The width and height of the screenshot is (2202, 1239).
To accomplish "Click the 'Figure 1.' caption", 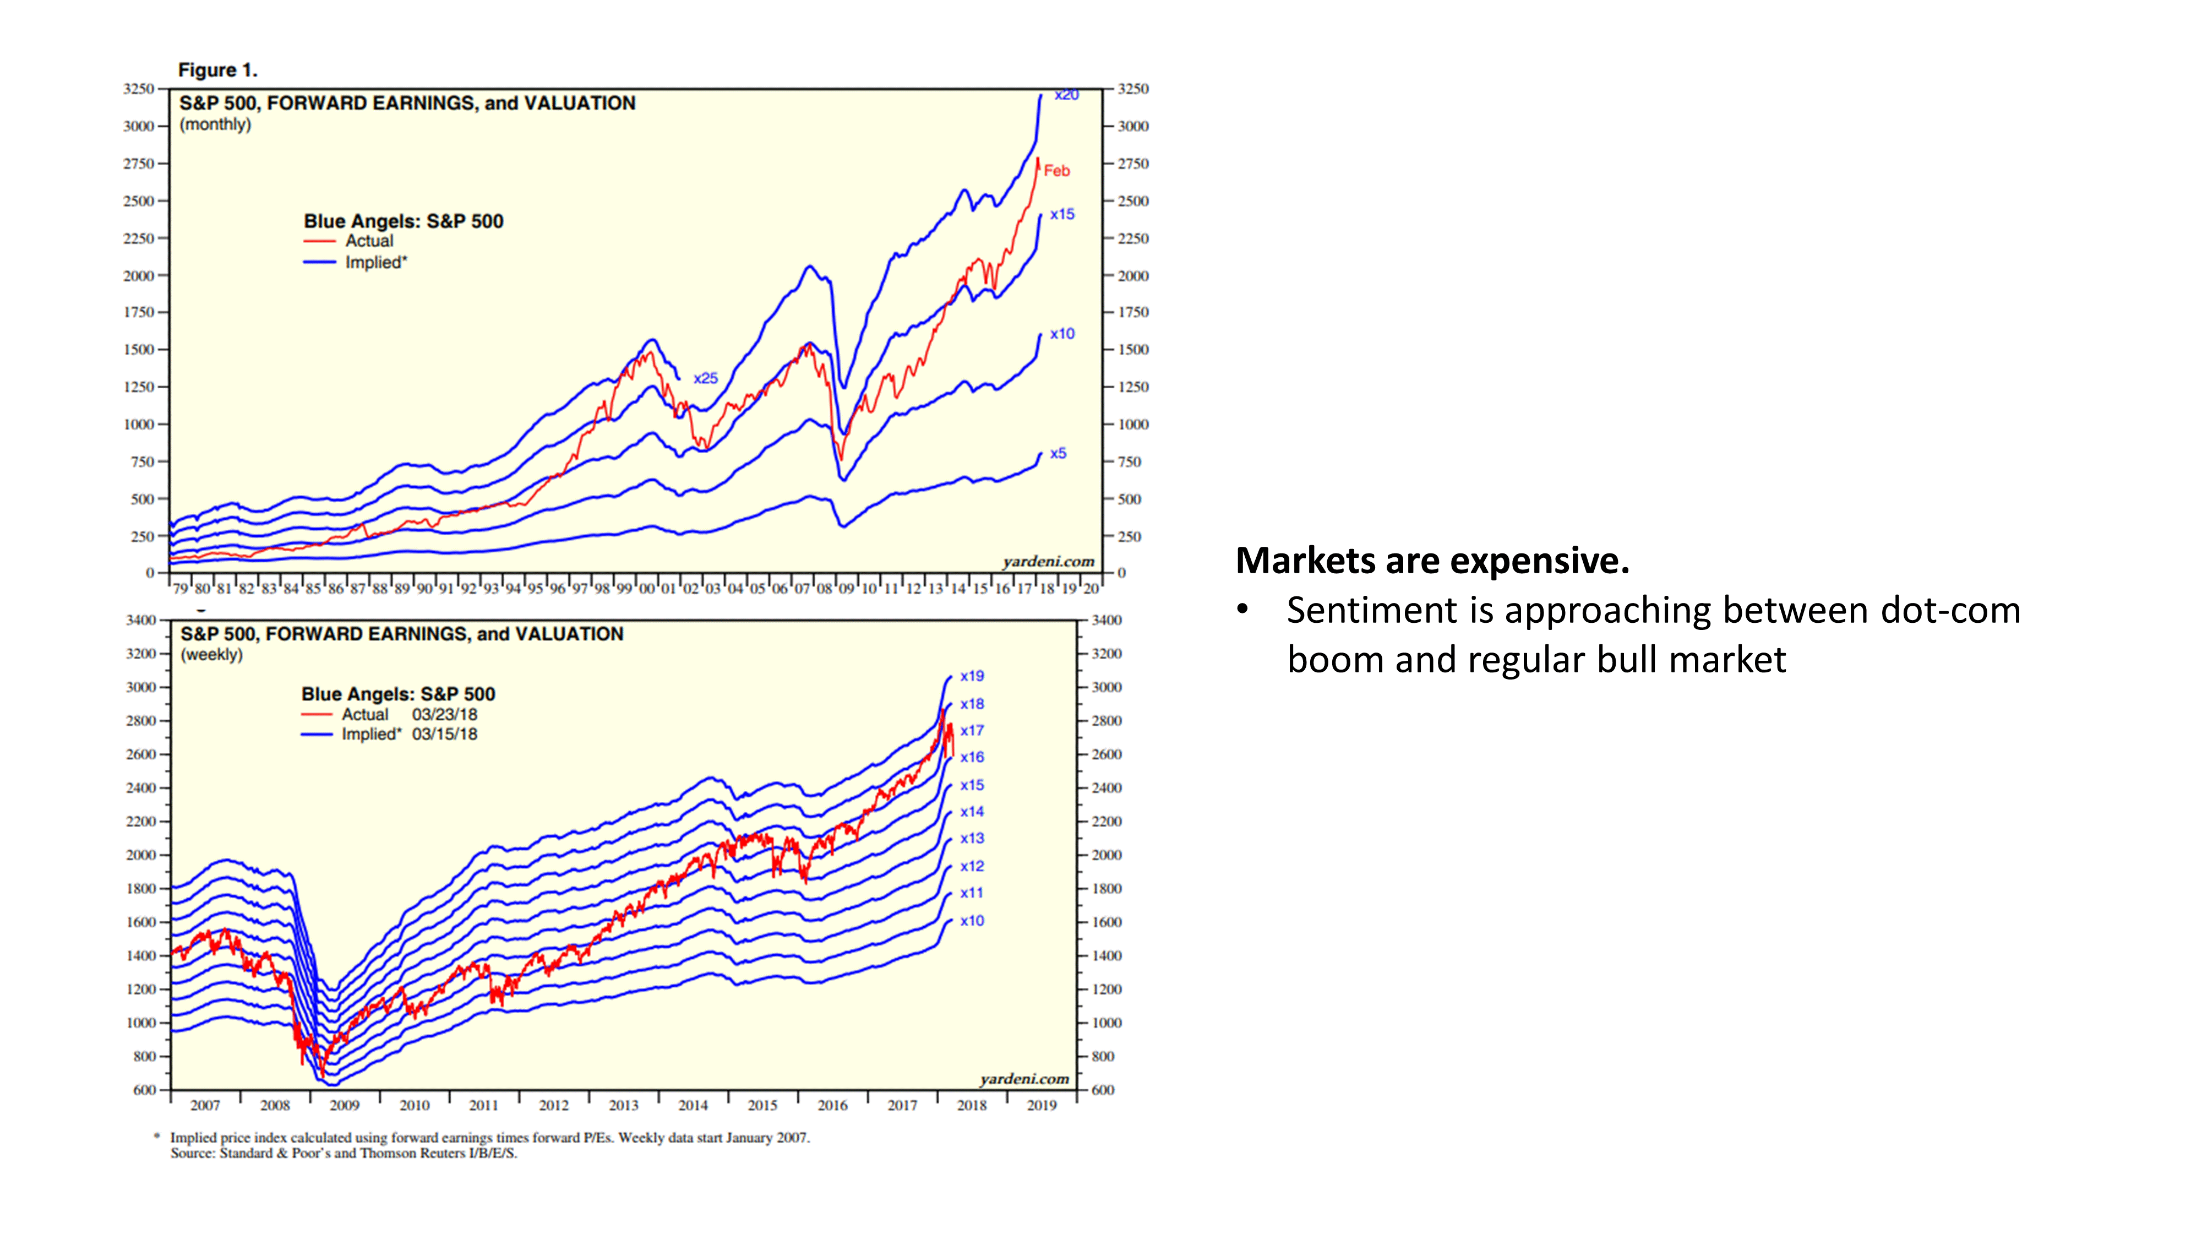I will click(x=217, y=70).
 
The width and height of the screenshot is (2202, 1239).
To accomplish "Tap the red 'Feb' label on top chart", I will click(x=1056, y=171).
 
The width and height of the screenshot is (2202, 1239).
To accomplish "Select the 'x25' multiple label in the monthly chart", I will click(x=705, y=378).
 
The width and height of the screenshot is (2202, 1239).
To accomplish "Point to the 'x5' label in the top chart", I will click(x=1058, y=453).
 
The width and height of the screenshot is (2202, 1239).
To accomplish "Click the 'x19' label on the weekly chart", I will click(x=972, y=676).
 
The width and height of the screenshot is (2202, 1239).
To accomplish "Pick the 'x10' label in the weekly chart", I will click(x=972, y=921).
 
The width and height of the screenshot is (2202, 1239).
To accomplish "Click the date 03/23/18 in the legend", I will click(x=444, y=714).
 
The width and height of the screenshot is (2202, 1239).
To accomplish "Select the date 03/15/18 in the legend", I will click(x=444, y=733).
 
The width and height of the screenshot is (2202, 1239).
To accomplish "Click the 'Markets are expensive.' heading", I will click(x=1432, y=561).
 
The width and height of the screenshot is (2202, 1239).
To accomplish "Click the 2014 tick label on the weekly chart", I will click(x=693, y=1106).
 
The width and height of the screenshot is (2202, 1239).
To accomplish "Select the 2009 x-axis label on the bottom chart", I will click(x=345, y=1106).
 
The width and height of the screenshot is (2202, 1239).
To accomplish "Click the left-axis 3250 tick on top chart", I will click(x=139, y=89).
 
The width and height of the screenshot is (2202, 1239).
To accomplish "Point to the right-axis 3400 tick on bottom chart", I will click(x=1106, y=620).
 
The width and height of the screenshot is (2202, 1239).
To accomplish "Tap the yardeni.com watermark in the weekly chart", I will click(x=1024, y=1079).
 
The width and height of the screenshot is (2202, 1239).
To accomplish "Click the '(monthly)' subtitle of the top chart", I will click(x=215, y=125).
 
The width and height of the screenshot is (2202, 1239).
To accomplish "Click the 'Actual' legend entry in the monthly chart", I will click(x=368, y=241).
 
